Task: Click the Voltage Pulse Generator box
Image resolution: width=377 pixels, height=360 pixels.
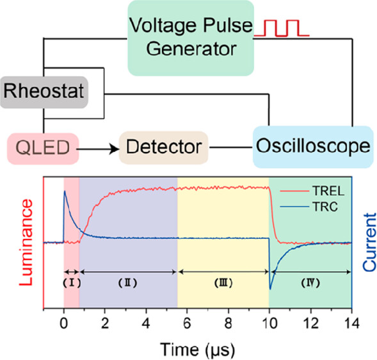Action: click(191, 38)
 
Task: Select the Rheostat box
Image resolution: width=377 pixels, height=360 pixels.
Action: click(44, 92)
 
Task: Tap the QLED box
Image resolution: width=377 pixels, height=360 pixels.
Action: click(43, 149)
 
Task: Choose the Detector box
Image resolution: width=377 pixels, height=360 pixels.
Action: click(163, 148)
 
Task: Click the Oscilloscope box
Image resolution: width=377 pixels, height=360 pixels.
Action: click(313, 147)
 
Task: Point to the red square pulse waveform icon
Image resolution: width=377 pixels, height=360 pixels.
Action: click(282, 28)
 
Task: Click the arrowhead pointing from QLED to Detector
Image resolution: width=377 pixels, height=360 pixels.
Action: click(114, 149)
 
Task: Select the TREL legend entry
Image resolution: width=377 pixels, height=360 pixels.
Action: click(312, 192)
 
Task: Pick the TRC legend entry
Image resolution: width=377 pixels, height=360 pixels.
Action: click(309, 207)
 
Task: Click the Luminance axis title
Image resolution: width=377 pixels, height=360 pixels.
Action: click(26, 243)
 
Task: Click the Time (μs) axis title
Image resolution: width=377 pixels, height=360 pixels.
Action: click(197, 350)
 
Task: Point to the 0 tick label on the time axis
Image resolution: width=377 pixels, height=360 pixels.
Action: click(64, 323)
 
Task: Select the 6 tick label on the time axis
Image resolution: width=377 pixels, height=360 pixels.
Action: click(187, 323)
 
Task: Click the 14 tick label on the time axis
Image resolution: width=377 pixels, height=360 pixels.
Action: click(351, 323)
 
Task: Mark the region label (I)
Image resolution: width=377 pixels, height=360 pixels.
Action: click(72, 283)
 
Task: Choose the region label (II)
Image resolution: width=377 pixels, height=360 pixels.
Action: click(127, 283)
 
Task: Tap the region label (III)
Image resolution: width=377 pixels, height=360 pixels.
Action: click(223, 283)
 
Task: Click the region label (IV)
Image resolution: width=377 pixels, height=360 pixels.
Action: click(310, 283)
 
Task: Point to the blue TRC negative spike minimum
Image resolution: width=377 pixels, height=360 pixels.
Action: click(270, 289)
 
